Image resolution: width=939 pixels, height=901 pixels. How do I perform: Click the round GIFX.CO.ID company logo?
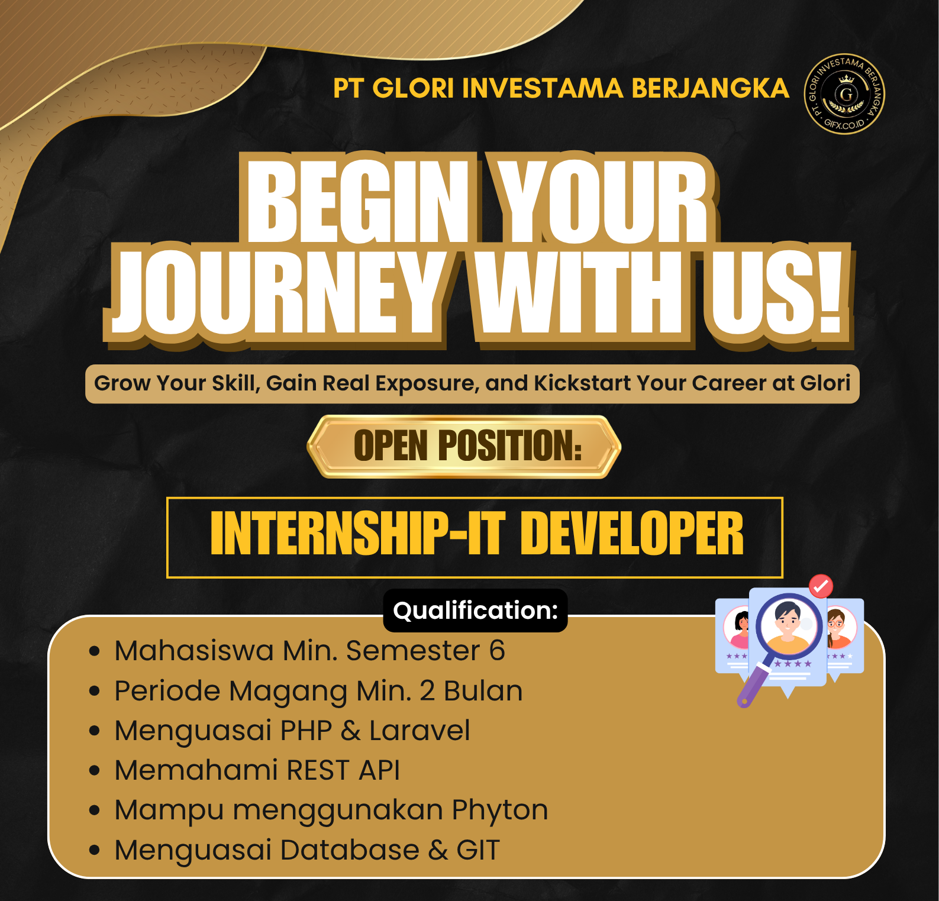point(844,94)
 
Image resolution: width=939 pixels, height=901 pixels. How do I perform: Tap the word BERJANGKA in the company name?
point(710,88)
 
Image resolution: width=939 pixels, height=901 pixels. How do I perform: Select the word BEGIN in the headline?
point(358,201)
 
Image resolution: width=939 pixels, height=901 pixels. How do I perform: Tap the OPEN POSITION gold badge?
point(464,447)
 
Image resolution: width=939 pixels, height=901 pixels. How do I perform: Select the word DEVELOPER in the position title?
point(632,534)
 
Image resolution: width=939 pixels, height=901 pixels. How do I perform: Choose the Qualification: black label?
point(476,611)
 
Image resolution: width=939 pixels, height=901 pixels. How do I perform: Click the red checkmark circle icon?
point(821,586)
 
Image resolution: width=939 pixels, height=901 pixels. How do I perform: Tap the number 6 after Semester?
point(497,651)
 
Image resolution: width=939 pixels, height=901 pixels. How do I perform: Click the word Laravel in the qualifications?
point(420,730)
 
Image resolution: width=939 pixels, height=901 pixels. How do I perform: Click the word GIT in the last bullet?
point(479,850)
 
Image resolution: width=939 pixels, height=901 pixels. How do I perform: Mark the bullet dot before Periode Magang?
point(95,692)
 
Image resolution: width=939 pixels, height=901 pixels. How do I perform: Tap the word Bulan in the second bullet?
point(483,690)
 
